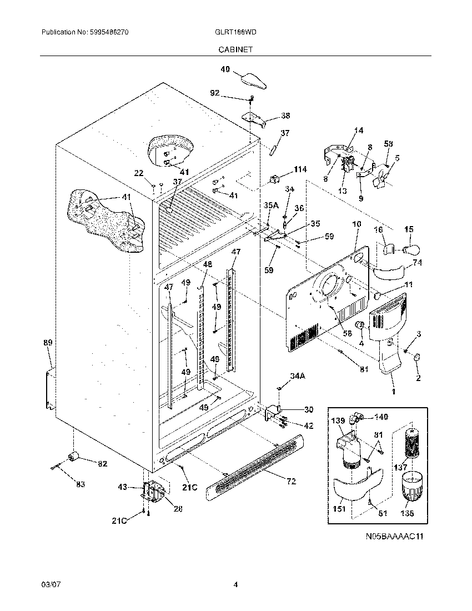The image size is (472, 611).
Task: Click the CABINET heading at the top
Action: pyautogui.click(x=235, y=49)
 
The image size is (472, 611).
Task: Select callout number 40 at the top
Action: pyautogui.click(x=225, y=69)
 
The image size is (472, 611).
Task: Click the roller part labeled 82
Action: pyautogui.click(x=73, y=457)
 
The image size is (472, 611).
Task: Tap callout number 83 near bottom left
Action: pyautogui.click(x=81, y=484)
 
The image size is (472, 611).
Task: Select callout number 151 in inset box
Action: pyautogui.click(x=339, y=509)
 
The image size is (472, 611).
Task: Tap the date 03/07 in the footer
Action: pyautogui.click(x=49, y=584)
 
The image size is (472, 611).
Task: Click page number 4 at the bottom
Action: pyautogui.click(x=235, y=584)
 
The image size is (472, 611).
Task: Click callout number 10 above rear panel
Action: pyautogui.click(x=356, y=224)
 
